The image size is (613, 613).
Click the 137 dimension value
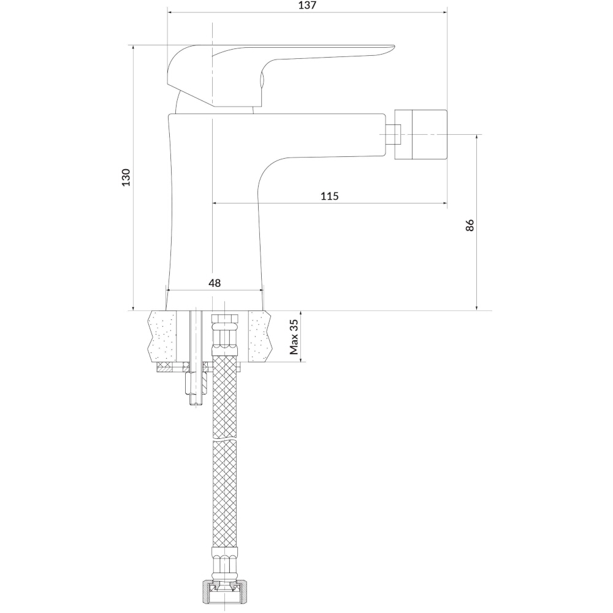click(307, 6)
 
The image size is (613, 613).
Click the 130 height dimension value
click(126, 178)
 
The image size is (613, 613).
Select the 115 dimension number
click(330, 196)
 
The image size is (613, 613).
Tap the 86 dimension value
click(470, 225)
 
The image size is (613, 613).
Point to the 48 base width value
click(215, 283)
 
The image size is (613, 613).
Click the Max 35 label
click(294, 337)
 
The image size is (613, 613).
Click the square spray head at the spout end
click(421, 134)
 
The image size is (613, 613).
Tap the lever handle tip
click(394, 48)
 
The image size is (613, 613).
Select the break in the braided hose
click(224, 440)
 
